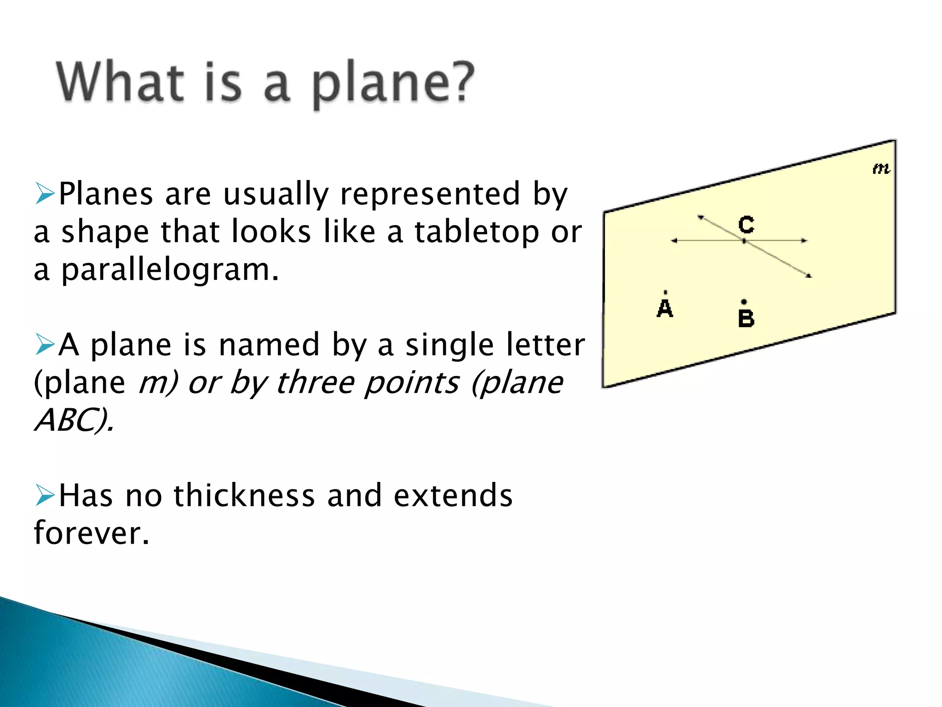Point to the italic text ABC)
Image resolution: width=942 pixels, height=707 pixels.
(x=74, y=420)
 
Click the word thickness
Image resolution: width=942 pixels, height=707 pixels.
(x=244, y=496)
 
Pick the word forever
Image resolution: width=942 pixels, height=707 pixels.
(x=92, y=533)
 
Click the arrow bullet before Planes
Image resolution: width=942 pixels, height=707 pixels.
(x=45, y=193)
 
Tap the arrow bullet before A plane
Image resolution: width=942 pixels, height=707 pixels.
(x=45, y=344)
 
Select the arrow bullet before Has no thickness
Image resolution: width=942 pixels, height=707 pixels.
(x=45, y=495)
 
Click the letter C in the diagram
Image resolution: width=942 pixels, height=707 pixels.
(x=746, y=225)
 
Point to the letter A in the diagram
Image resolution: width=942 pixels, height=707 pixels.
(x=665, y=308)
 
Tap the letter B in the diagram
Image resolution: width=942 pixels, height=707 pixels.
(x=746, y=319)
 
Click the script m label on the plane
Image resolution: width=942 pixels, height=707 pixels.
(x=881, y=169)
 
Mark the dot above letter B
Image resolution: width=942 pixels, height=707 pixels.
(x=744, y=302)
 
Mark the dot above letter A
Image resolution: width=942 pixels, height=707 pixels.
(x=665, y=292)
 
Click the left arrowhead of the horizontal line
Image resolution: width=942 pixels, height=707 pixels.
(x=674, y=241)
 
